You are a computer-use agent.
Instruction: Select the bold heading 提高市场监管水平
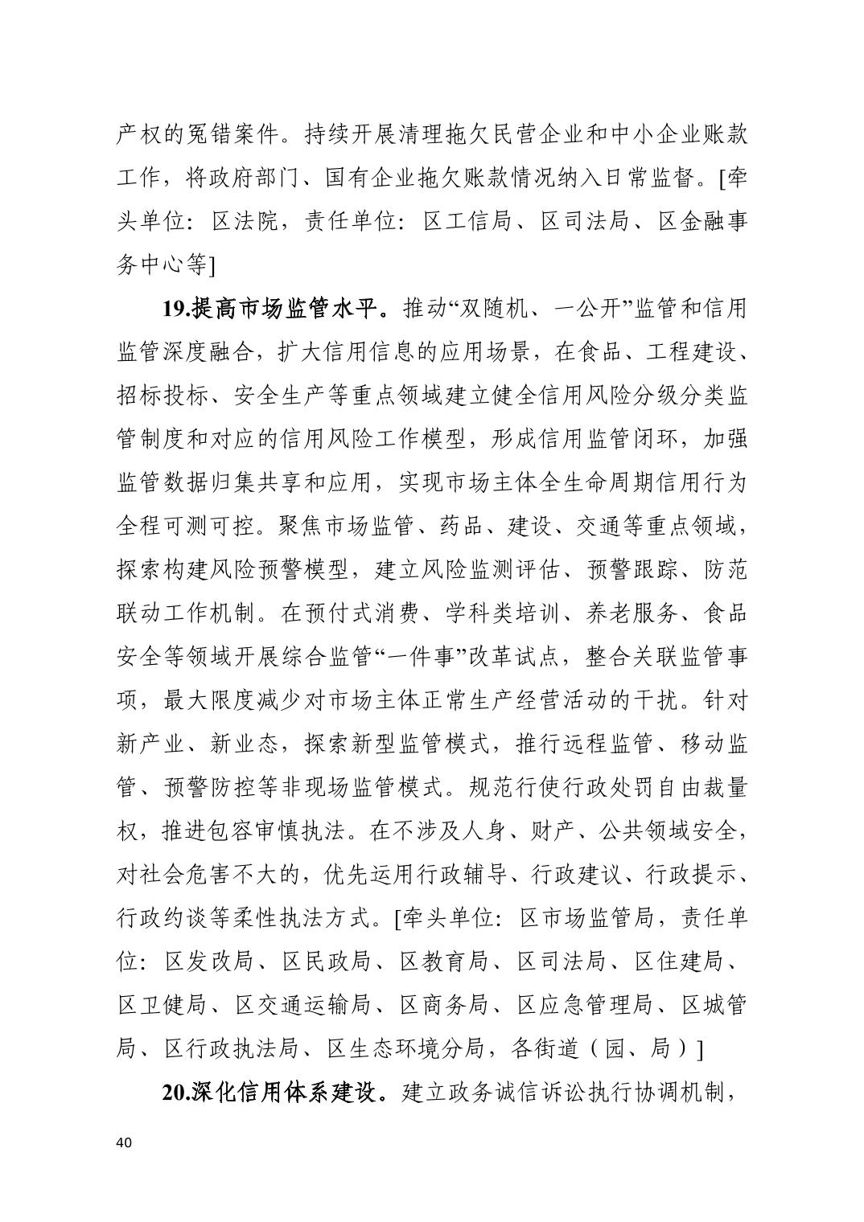[283, 308]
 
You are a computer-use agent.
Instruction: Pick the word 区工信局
[468, 221]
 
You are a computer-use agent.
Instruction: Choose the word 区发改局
[209, 961]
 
